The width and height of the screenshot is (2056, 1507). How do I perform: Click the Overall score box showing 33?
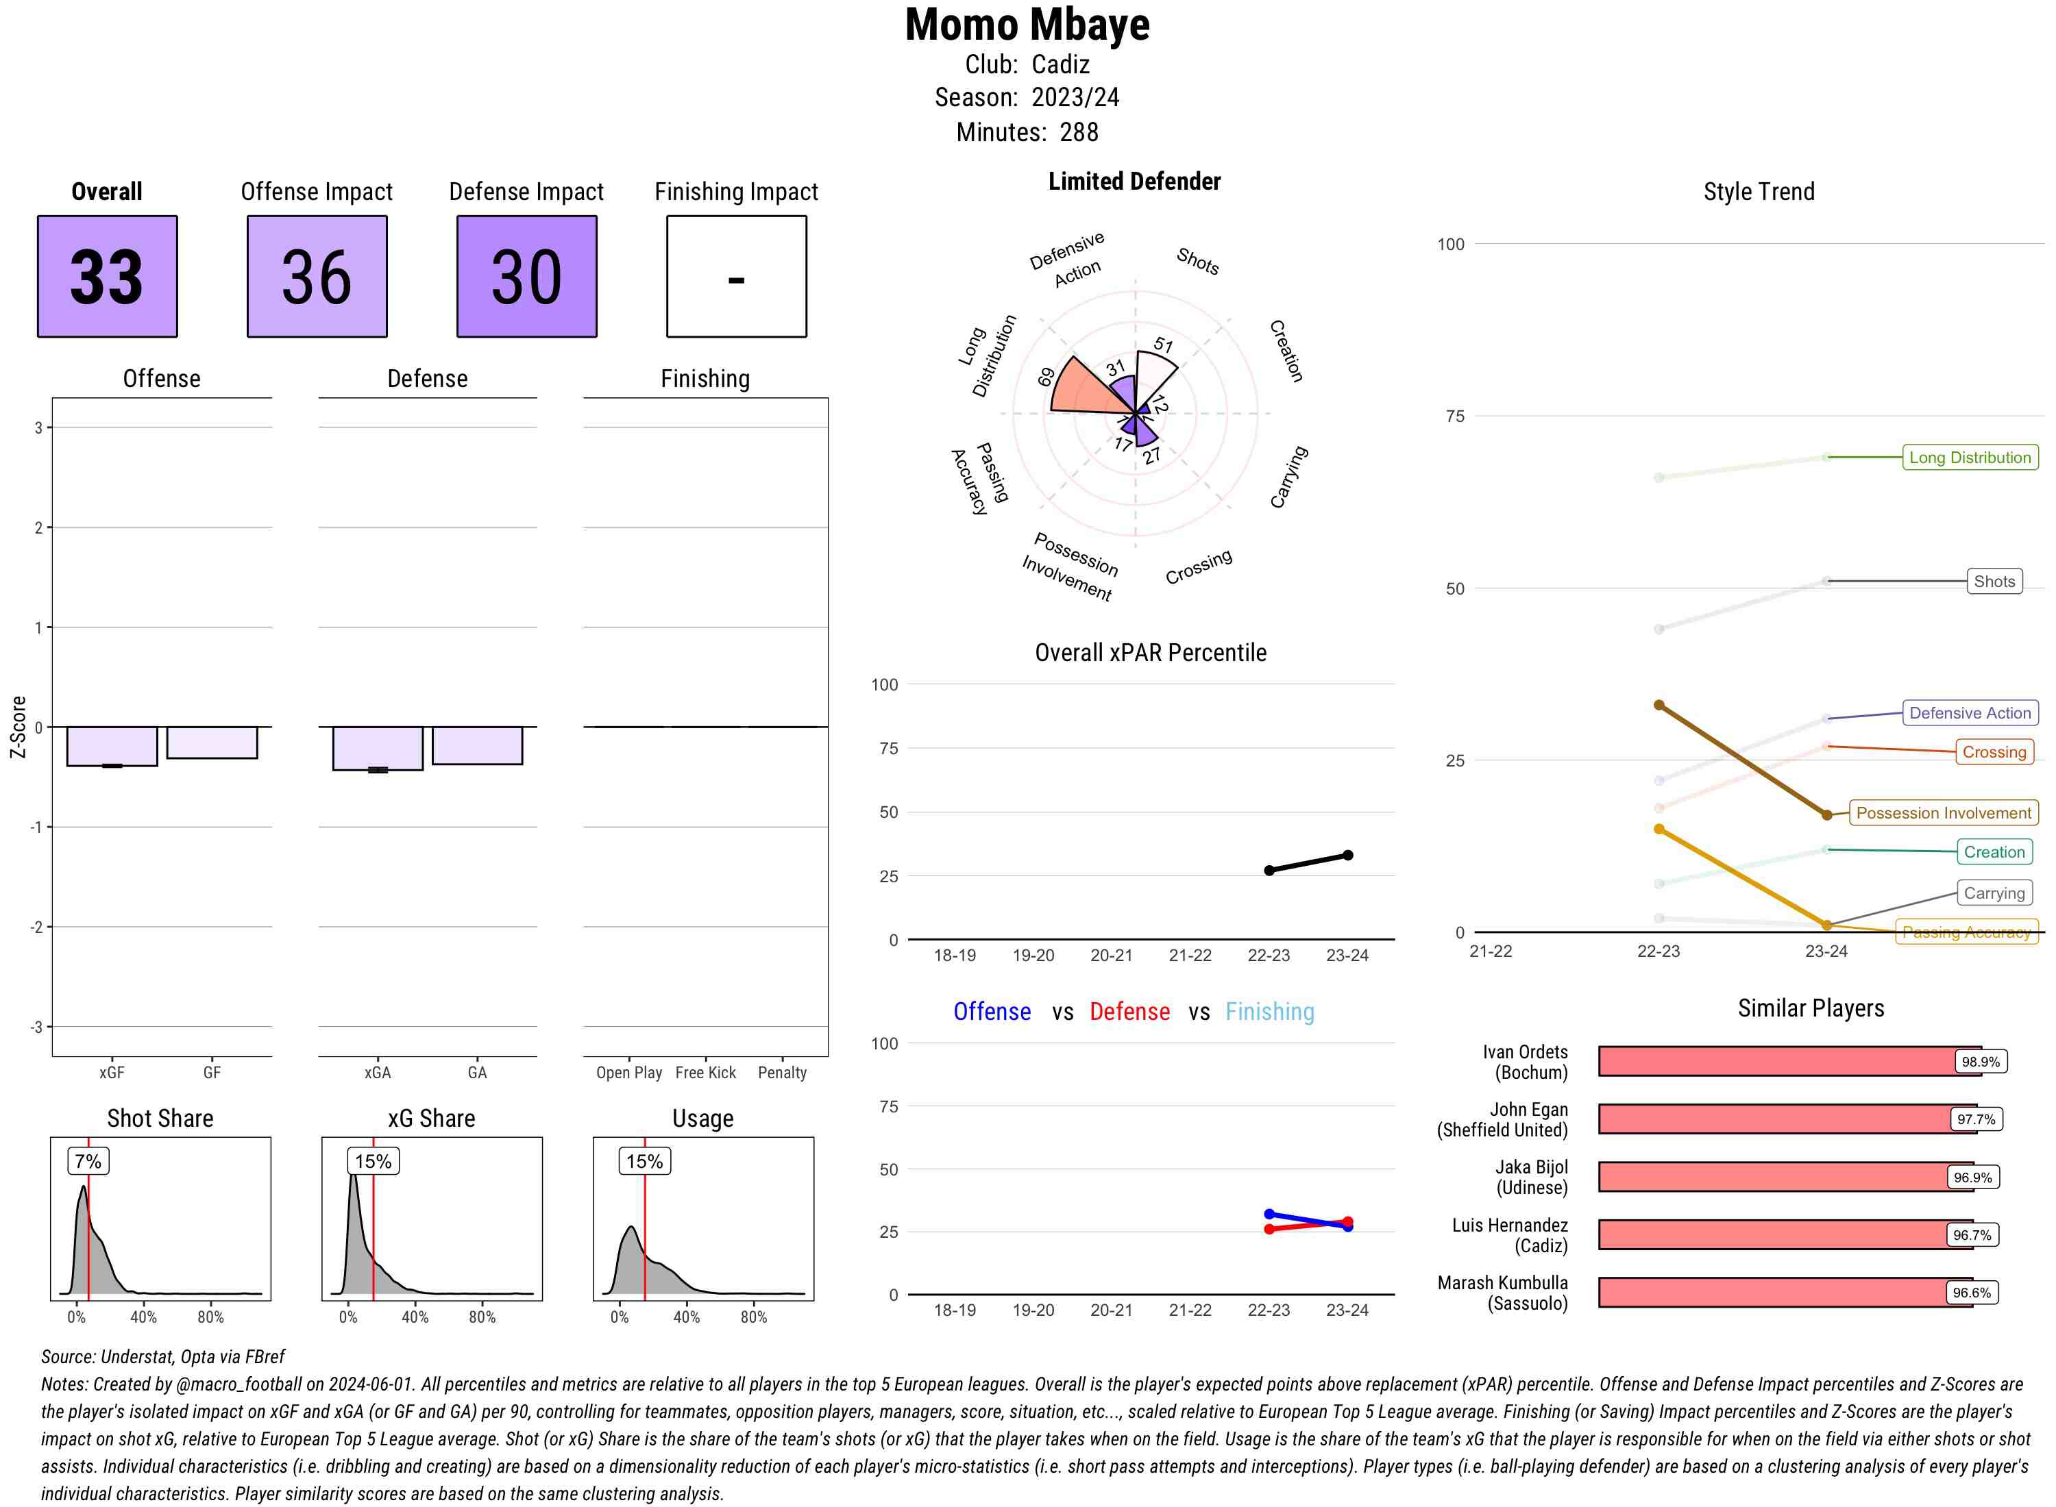(107, 277)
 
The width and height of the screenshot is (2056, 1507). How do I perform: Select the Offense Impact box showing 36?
(317, 277)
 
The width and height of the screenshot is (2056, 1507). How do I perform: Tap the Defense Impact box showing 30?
(526, 277)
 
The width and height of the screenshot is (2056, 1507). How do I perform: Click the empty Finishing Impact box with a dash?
(737, 277)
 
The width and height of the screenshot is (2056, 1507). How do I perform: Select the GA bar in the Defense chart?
(477, 745)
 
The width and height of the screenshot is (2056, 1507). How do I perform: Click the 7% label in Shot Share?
(88, 1161)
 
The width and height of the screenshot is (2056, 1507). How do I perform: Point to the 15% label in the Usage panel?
(644, 1161)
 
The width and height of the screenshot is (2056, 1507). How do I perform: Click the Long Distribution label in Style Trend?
(1970, 457)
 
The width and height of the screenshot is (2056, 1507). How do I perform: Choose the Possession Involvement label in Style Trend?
(1943, 813)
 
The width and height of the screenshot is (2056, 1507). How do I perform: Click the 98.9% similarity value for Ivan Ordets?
(1980, 1062)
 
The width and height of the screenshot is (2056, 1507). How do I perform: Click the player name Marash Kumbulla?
(1502, 1282)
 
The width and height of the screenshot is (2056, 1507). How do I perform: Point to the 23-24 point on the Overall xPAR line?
(1347, 856)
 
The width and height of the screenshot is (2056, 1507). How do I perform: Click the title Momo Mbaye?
(1027, 25)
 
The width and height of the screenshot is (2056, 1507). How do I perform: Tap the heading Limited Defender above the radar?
(1134, 182)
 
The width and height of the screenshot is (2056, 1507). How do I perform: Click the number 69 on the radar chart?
(1047, 377)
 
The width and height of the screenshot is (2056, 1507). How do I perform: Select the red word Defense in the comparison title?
(1129, 1012)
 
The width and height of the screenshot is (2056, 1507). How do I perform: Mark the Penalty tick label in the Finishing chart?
(782, 1073)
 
